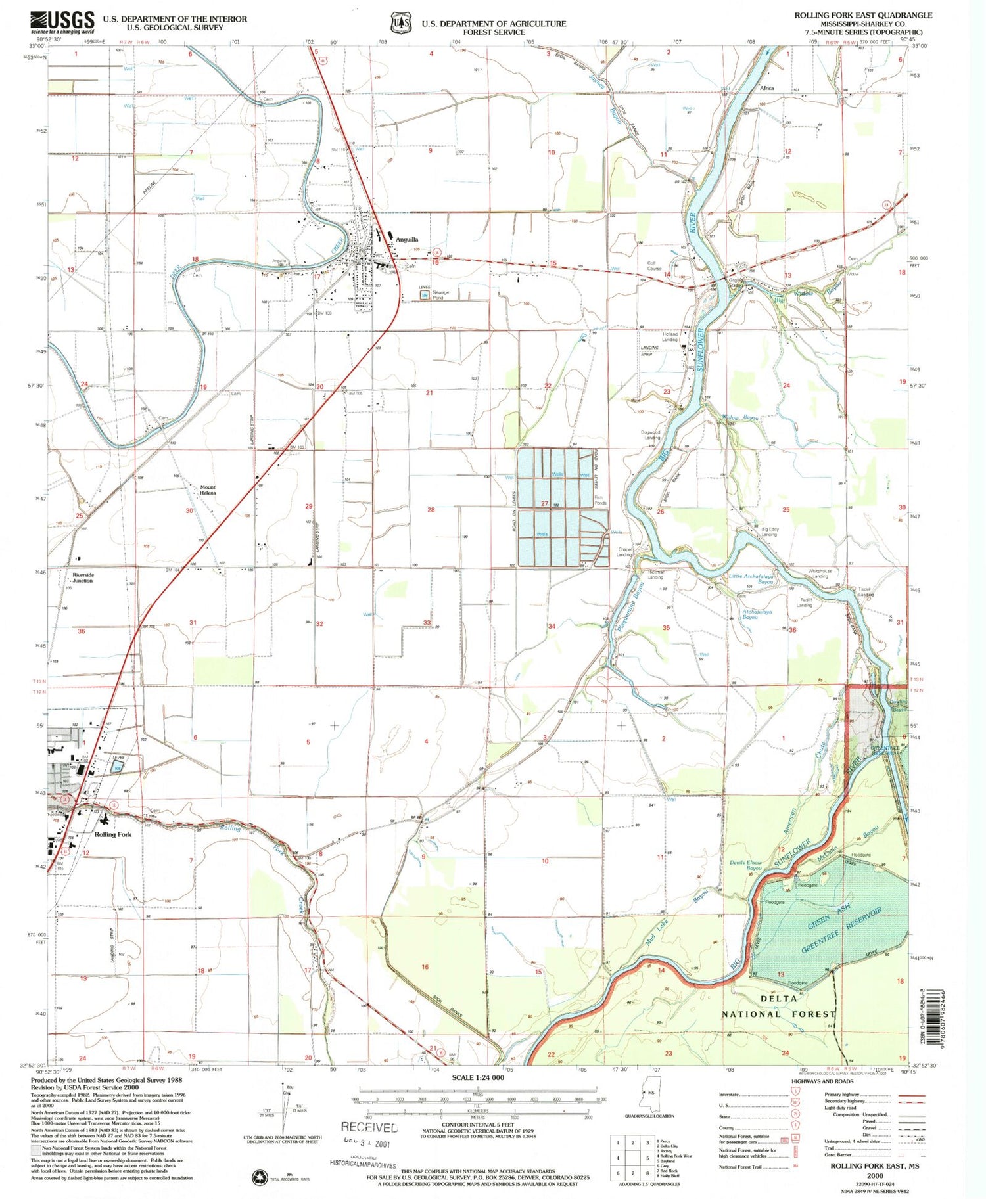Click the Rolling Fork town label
(x=113, y=834)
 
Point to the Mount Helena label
(x=208, y=490)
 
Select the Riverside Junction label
(x=83, y=577)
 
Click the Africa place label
(x=767, y=87)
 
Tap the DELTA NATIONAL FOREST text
(x=779, y=1006)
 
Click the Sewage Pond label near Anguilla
(x=441, y=295)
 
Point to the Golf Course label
(x=655, y=266)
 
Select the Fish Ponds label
(x=600, y=501)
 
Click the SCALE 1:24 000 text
(x=478, y=1078)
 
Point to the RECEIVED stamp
(x=369, y=1127)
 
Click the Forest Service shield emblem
(x=399, y=22)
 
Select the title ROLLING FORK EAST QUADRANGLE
(x=862, y=15)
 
